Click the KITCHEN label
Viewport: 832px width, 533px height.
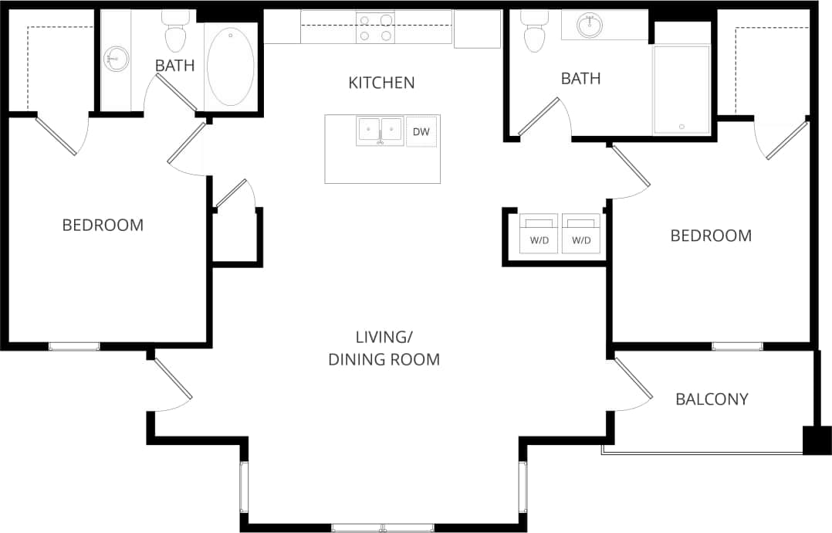[x=381, y=83]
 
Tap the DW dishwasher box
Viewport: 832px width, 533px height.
[x=421, y=132]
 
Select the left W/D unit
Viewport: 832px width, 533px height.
[x=539, y=233]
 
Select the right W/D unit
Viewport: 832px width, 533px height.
[x=580, y=233]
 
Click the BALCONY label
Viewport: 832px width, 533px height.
[x=712, y=399]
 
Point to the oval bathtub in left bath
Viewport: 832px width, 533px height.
[x=230, y=67]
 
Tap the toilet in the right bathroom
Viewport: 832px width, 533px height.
[x=533, y=33]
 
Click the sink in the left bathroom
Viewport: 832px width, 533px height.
[x=117, y=57]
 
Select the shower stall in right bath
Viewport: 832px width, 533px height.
[x=681, y=90]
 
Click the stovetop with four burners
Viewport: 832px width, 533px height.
[x=375, y=28]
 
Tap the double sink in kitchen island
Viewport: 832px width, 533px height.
[x=380, y=131]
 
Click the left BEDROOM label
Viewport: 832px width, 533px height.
[x=103, y=226]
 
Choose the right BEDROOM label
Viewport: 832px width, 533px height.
[x=711, y=236]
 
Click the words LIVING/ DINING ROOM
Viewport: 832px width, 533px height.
[x=384, y=348]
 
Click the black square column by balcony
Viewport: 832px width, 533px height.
[x=816, y=440]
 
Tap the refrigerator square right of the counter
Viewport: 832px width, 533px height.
[x=477, y=29]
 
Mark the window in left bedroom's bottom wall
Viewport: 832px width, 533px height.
[x=74, y=346]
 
